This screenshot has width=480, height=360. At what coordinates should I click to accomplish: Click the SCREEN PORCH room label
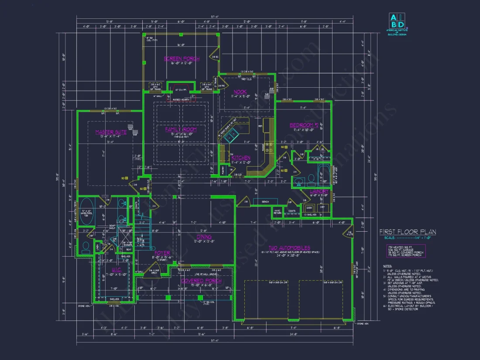coord(182,58)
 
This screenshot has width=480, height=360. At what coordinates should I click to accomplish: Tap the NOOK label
coord(240,92)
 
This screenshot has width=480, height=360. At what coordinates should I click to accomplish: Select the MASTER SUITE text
coord(111,132)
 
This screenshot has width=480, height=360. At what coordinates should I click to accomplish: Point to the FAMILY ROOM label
coord(181,130)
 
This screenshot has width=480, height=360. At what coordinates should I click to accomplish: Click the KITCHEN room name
coord(241,158)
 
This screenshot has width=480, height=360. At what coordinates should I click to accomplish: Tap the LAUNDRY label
coord(319,191)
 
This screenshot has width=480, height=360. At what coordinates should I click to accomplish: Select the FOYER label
coord(162,253)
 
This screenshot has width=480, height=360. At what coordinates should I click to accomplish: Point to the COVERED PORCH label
coord(201,281)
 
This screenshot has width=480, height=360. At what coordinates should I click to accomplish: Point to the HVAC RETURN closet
coord(278,212)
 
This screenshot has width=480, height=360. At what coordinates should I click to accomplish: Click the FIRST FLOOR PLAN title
coord(407,232)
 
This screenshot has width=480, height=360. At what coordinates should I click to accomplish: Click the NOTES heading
coord(387,265)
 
